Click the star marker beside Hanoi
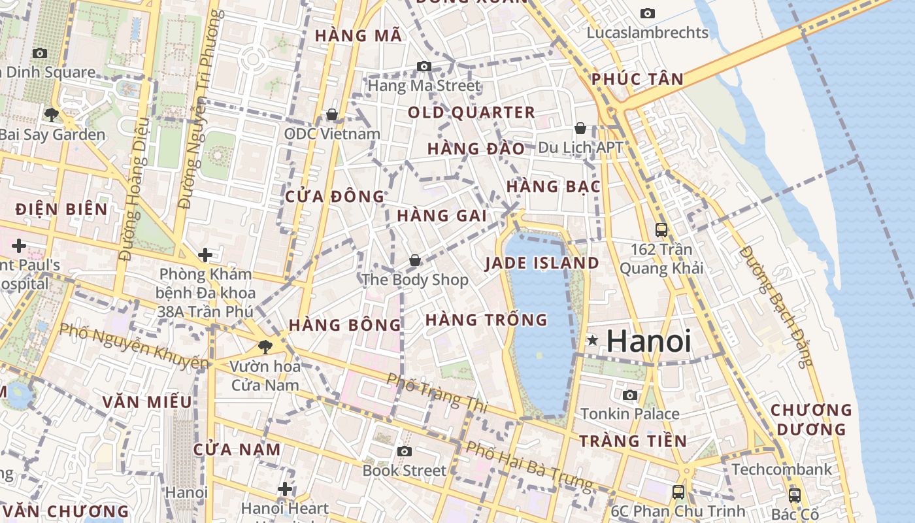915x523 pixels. tap(592, 340)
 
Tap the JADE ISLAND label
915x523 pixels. tap(542, 263)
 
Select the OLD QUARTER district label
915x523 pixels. tap(471, 112)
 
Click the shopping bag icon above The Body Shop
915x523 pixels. tap(414, 261)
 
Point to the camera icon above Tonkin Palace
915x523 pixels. tap(630, 395)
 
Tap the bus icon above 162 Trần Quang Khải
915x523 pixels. tap(661, 230)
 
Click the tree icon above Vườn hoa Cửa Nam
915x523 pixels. tap(265, 346)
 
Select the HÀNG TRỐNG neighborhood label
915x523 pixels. tap(486, 320)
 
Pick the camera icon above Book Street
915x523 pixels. tap(404, 451)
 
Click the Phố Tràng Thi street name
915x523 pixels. tap(437, 392)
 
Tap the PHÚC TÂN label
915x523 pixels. tap(637, 80)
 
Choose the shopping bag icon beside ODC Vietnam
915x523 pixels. tap(332, 115)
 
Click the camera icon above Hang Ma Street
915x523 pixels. tap(424, 66)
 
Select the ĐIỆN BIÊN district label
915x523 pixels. tap(61, 209)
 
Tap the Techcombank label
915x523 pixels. tap(782, 469)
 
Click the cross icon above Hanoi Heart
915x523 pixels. tap(284, 488)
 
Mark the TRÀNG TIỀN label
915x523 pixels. tap(633, 441)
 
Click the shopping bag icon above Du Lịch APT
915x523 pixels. tap(580, 128)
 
